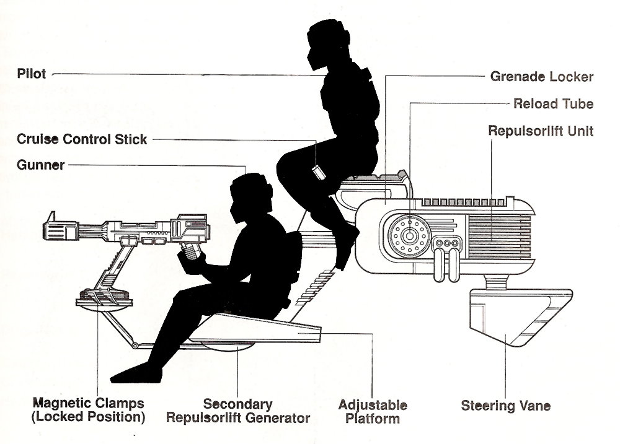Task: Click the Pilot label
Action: tap(31, 74)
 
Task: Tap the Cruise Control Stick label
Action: tap(82, 139)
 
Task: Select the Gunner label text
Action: tap(40, 165)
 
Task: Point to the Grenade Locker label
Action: tap(542, 76)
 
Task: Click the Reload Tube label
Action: tap(554, 103)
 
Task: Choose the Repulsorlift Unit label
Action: tap(541, 131)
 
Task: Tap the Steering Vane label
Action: tap(506, 406)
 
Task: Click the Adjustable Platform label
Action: tap(373, 412)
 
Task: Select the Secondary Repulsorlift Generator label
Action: tap(238, 411)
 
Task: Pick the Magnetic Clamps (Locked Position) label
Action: tap(88, 410)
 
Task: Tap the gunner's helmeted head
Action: tap(252, 198)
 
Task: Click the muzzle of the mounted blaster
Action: tap(50, 227)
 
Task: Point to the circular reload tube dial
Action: tap(409, 236)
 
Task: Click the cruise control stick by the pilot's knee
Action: tap(319, 172)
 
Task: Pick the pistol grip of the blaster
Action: tap(190, 251)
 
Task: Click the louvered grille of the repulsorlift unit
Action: tap(499, 237)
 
